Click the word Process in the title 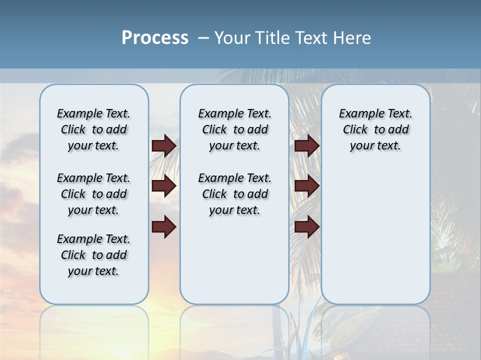pos(155,38)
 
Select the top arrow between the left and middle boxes pos(164,145)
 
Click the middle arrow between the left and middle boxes pos(164,186)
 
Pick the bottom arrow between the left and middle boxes pos(164,227)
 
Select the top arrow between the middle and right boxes pos(307,145)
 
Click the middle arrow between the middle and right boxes pos(307,186)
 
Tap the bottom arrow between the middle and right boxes pos(307,227)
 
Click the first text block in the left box pos(94,129)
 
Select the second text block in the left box pos(94,194)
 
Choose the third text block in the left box pos(94,255)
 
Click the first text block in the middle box pos(234,129)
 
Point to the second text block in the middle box pos(234,194)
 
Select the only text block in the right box pos(375,129)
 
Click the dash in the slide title pos(203,38)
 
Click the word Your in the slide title pos(233,38)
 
